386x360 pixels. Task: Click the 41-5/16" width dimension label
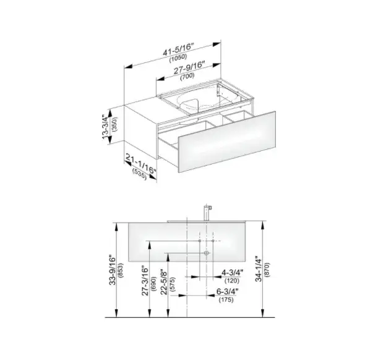(x=178, y=49)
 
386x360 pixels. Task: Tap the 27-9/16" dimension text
(x=189, y=68)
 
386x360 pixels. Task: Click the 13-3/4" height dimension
(x=106, y=127)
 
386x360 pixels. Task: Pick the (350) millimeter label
(x=114, y=124)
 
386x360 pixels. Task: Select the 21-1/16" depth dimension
(x=141, y=163)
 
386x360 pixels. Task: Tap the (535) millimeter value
(x=140, y=174)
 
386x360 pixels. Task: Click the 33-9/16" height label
(x=112, y=270)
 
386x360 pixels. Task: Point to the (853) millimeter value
(x=121, y=270)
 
